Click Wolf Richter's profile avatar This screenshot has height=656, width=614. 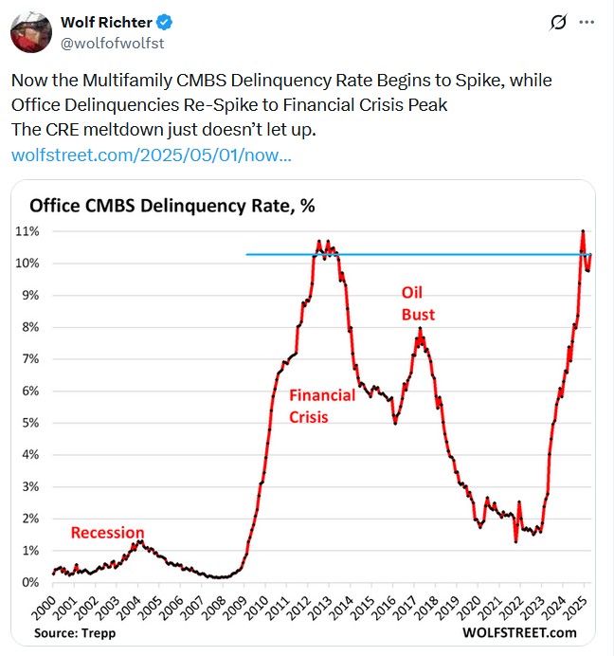click(31, 31)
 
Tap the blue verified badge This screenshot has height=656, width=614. click(159, 22)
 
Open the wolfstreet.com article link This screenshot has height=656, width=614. click(151, 155)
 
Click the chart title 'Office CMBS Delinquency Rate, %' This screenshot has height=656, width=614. click(172, 206)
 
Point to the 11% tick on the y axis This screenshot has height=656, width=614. click(27, 231)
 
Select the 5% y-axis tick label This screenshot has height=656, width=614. click(29, 423)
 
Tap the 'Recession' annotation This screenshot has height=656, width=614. click(107, 533)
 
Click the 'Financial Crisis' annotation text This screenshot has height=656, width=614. click(322, 405)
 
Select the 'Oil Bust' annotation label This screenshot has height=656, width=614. click(418, 303)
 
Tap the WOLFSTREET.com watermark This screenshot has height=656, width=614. click(519, 632)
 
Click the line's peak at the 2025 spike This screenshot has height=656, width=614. click(582, 230)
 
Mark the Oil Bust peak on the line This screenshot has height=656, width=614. click(420, 328)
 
